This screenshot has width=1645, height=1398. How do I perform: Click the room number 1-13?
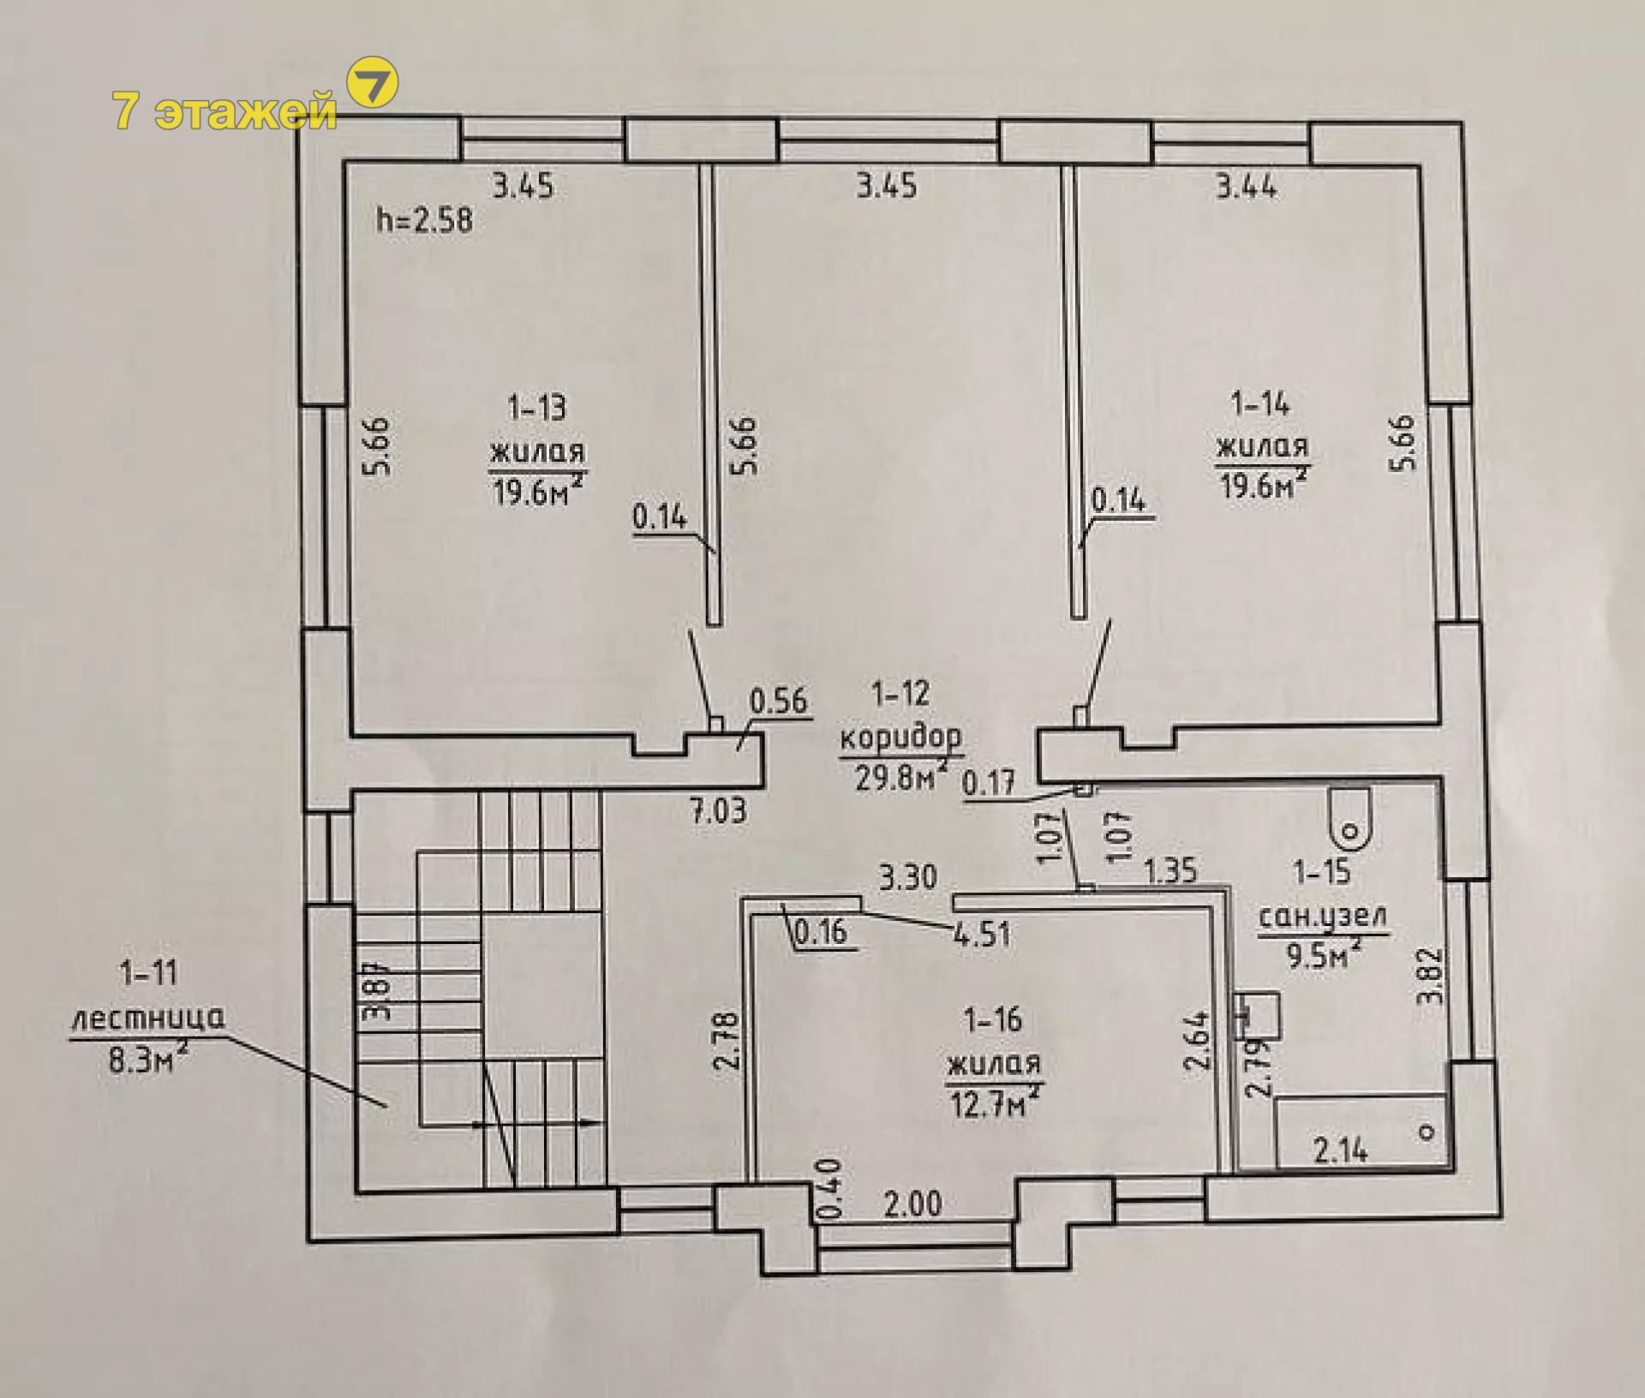coord(537,407)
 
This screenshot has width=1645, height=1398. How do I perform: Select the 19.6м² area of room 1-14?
coord(1263,484)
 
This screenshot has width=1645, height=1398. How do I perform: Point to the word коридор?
coord(901,736)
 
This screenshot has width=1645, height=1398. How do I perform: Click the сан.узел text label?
coord(1322,918)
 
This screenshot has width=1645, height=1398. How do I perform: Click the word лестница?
coord(147,1019)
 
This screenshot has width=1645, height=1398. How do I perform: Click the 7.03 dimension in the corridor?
coord(718,809)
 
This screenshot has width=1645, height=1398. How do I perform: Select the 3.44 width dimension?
coord(1247,186)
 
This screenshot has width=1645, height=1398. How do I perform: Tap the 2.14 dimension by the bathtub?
coord(1341,1150)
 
